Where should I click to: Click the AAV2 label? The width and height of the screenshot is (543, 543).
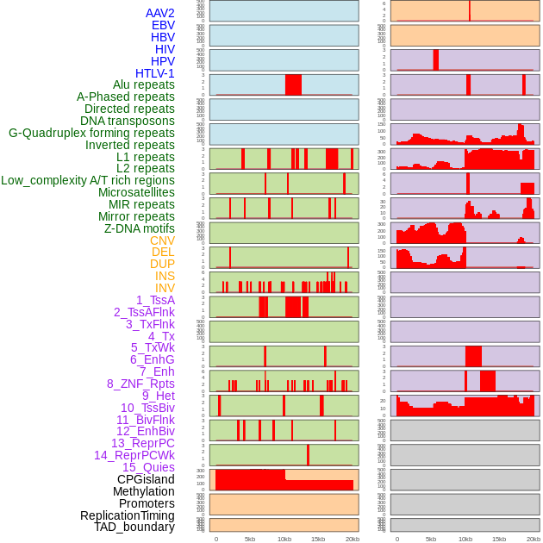[x=160, y=13]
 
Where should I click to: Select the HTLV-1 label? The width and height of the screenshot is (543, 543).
[x=155, y=73]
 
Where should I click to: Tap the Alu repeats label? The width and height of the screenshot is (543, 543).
[x=144, y=84]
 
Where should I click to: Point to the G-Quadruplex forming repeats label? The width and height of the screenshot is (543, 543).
[x=91, y=133]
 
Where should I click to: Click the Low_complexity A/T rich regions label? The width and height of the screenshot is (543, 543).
[x=88, y=180]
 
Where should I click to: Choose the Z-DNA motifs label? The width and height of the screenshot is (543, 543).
[x=140, y=228]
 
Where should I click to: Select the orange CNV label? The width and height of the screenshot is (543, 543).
[x=162, y=240]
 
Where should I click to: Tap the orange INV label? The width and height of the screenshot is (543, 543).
[x=165, y=288]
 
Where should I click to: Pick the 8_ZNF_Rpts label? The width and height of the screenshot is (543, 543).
[x=140, y=384]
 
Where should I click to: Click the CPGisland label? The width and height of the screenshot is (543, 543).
[x=146, y=479]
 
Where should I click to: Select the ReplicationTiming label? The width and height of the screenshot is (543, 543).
[x=128, y=515]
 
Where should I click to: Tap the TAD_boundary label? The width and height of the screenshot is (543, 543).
[x=134, y=527]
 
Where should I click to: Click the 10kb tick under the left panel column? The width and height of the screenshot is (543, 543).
[x=284, y=539]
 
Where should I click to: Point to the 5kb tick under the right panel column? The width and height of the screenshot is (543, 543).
[x=431, y=539]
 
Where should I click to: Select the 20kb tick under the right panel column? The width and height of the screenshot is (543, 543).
[x=534, y=539]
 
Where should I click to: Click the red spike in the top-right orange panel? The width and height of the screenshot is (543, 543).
[x=470, y=10]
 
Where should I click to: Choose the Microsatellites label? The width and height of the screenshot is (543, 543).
[x=136, y=192]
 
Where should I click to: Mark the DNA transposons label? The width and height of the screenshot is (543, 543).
[x=128, y=121]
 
